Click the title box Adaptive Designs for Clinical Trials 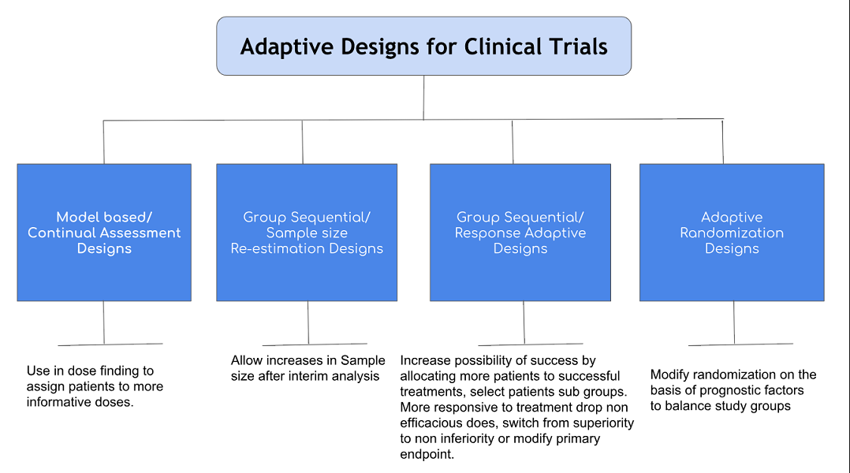point(423,46)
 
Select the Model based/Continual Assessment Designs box point(104,233)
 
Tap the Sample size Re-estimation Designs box point(307,233)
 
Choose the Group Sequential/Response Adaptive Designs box point(520,233)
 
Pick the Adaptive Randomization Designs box point(732,233)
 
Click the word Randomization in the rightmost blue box point(732,233)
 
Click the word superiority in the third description point(600,423)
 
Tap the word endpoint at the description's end point(427,454)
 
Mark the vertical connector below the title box point(423,97)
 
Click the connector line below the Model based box point(104,322)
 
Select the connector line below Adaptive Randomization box point(734,322)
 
